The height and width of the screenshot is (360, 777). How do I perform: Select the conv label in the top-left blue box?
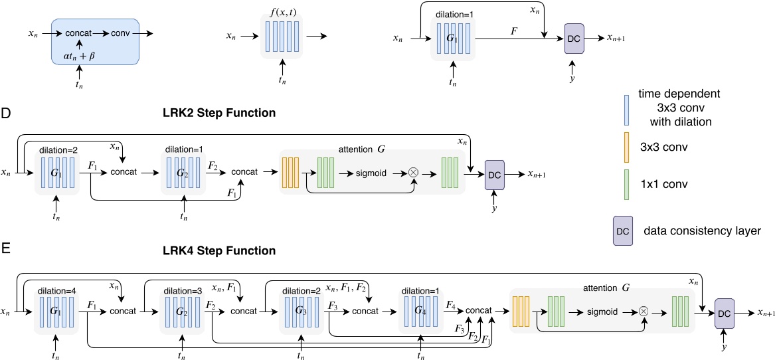(x=120, y=33)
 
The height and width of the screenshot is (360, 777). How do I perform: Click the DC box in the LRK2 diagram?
(x=494, y=175)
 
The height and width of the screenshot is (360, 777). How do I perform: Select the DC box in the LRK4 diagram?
(x=725, y=312)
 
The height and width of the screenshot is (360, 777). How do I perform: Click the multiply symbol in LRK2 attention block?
(x=414, y=172)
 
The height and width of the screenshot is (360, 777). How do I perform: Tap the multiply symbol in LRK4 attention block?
(x=644, y=310)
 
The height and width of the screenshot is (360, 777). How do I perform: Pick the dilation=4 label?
(x=56, y=289)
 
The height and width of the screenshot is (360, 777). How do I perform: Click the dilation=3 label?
(x=181, y=289)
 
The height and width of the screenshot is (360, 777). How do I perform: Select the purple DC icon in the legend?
(x=623, y=229)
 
